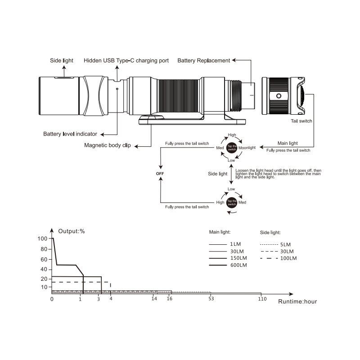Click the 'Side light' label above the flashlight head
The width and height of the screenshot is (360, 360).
62,60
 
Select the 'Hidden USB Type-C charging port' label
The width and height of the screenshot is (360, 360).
126,61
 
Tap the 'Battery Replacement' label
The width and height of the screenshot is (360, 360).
204,61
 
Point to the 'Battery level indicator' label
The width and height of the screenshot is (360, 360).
70,134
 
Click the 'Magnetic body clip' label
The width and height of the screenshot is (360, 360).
108,145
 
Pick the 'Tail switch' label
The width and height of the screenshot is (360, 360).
301,121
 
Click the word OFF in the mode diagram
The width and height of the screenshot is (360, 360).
160,174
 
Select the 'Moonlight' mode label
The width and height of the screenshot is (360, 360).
247,148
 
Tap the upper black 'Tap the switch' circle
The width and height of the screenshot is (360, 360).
232,148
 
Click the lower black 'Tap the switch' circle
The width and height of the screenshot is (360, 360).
232,202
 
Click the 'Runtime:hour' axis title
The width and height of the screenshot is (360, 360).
297,301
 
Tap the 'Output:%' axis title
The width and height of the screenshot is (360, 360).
72,231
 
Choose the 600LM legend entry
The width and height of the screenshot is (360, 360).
228,265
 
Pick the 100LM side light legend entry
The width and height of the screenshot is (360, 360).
279,258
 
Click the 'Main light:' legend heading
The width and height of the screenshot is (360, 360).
220,232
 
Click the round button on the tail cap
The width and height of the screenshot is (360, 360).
279,96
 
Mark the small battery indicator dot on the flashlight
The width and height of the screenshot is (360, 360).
117,89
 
